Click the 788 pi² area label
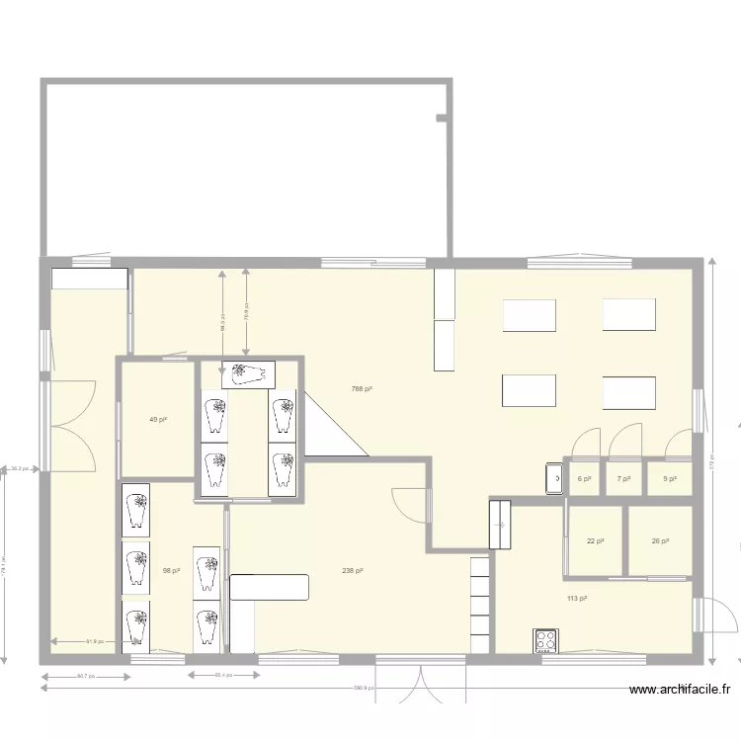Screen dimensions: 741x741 tap(362, 389)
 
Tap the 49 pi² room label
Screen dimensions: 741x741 tap(157, 420)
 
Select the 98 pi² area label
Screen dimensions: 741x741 tap(172, 570)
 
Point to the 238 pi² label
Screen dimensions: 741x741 tap(353, 571)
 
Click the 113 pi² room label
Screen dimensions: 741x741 tap(577, 599)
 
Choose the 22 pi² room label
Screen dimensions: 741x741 tap(595, 541)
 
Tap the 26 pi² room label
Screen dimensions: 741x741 tap(660, 541)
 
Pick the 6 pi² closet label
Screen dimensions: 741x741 tap(584, 479)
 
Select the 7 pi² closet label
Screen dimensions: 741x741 tap(623, 479)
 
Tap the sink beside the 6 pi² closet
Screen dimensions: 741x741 tap(555, 478)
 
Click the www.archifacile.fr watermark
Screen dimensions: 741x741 tap(679, 692)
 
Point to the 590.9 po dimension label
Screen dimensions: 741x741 tap(363, 688)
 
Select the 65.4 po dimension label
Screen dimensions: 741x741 tap(223, 676)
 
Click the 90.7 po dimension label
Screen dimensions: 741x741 tap(85, 676)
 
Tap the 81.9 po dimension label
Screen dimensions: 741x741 tap(96, 642)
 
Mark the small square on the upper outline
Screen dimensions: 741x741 tap(441, 119)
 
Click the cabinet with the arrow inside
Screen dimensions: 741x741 tap(500, 524)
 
